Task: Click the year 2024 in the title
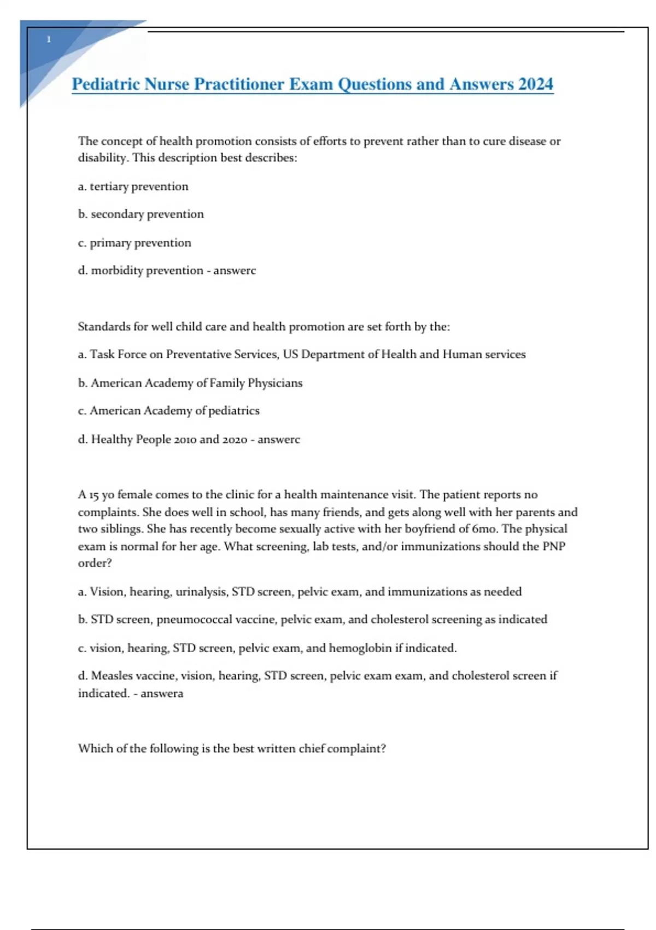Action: pyautogui.click(x=535, y=84)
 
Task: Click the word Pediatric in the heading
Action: pyautogui.click(x=106, y=84)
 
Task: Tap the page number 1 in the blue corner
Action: pyautogui.click(x=49, y=39)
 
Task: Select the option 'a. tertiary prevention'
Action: pyautogui.click(x=133, y=187)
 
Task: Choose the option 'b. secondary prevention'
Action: pyautogui.click(x=140, y=214)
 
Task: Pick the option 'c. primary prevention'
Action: pyautogui.click(x=134, y=243)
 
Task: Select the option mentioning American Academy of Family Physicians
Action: pyautogui.click(x=190, y=383)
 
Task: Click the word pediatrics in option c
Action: pyautogui.click(x=233, y=411)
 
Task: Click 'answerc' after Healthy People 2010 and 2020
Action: pyautogui.click(x=278, y=439)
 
